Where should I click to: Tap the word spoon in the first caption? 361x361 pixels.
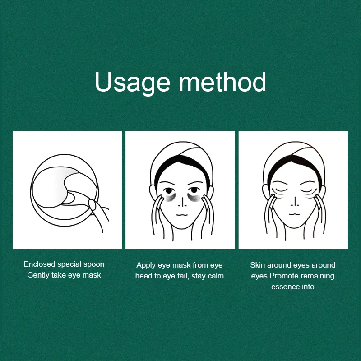click(93, 264)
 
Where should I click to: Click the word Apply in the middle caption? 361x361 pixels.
click(146, 265)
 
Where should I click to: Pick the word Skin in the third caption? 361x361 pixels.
click(258, 265)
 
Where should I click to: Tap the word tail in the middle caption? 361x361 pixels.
click(182, 276)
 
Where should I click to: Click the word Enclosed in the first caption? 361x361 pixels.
click(39, 264)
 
